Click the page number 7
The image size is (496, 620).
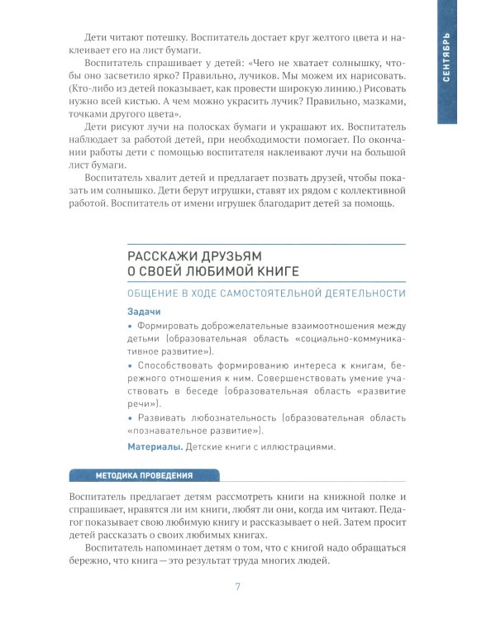(238, 587)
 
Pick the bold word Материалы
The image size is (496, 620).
(155, 447)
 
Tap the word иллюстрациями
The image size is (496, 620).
(296, 447)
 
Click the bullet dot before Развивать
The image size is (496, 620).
(130, 417)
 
